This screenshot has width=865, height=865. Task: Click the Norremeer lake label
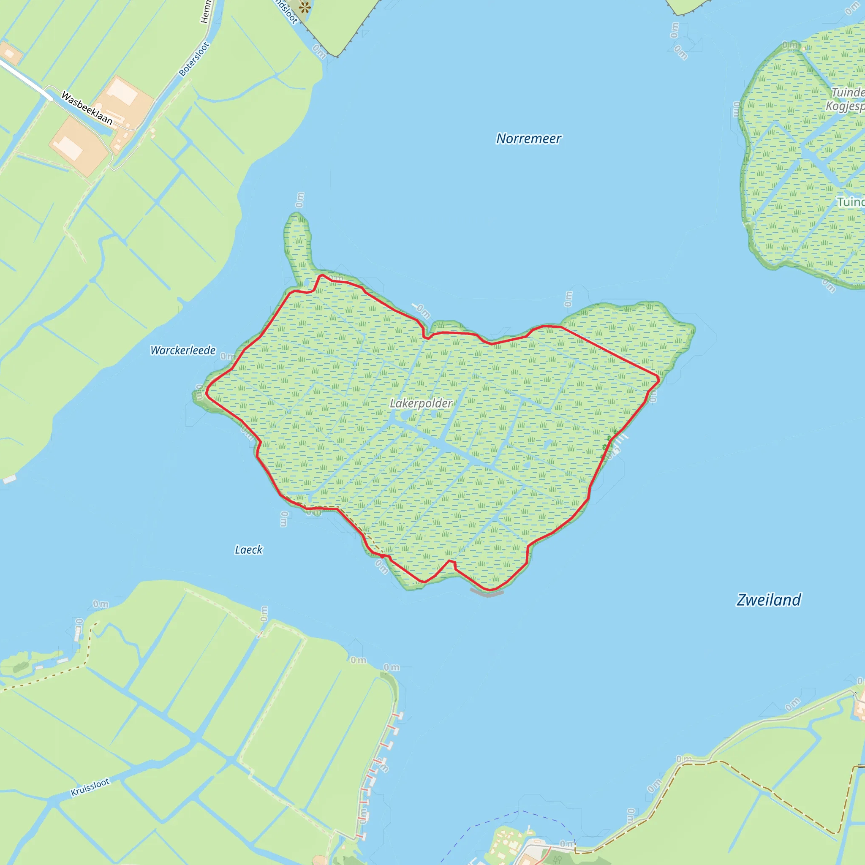[x=528, y=139]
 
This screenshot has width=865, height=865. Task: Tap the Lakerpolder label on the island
[x=421, y=403]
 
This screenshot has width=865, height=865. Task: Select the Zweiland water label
[x=769, y=600]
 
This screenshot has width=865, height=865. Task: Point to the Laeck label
[x=248, y=550]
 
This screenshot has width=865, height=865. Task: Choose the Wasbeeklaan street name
[x=87, y=108]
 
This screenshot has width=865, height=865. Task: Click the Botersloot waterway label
[x=194, y=59]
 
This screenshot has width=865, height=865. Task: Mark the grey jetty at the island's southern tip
[x=487, y=594]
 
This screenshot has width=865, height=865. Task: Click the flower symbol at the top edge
[x=305, y=7]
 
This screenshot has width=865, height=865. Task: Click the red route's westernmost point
[x=207, y=394]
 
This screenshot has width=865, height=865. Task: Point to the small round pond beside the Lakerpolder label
[x=405, y=416]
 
